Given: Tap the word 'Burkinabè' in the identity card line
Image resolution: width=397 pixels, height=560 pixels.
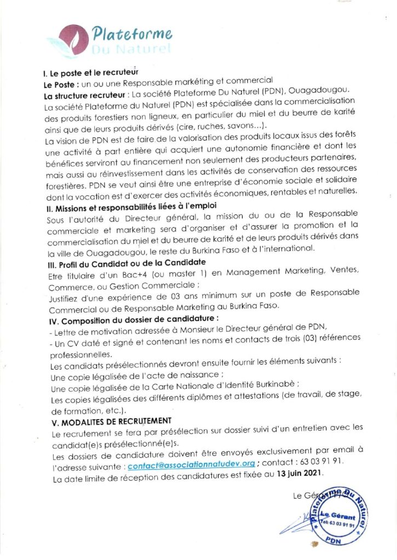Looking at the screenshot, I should coord(274,384).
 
